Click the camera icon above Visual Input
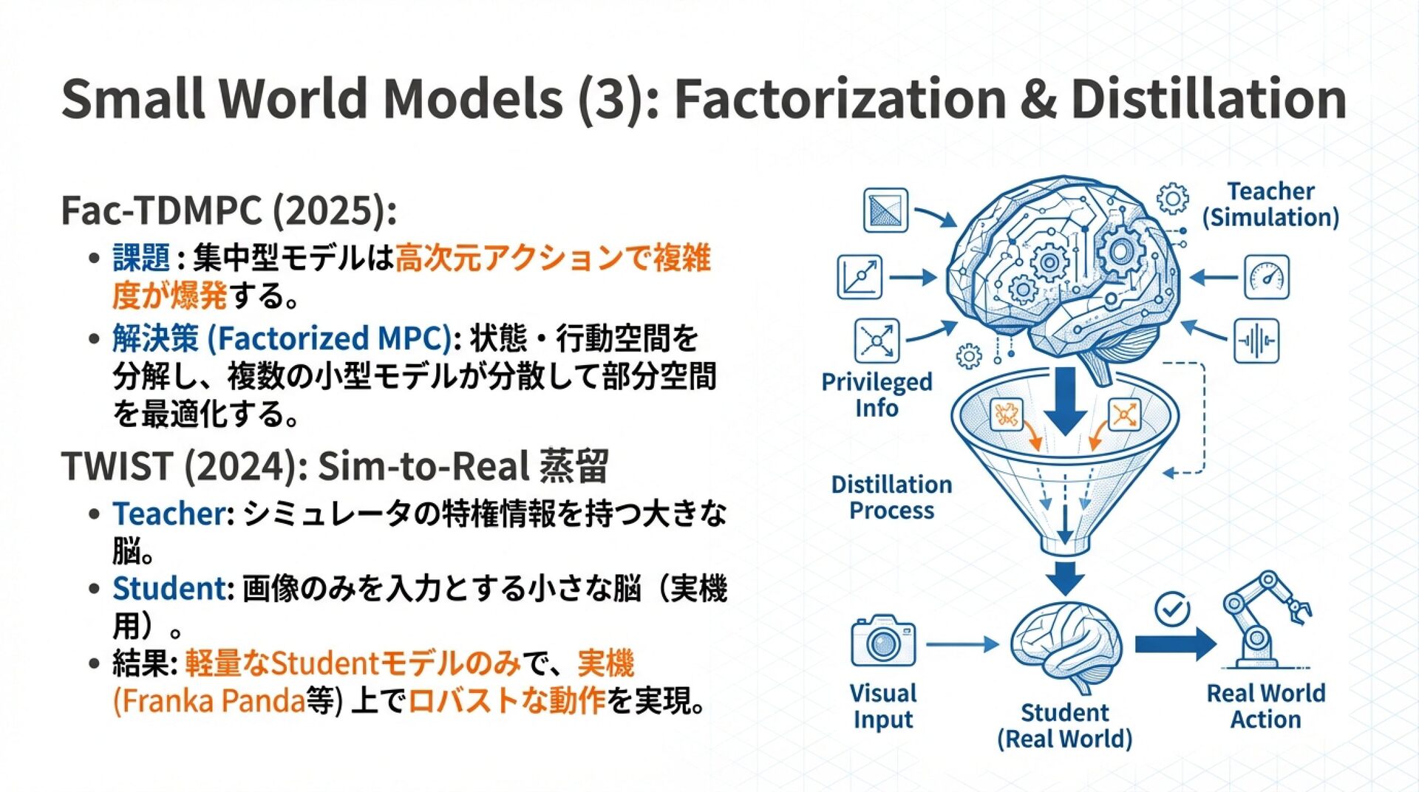883,641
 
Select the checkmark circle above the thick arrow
1172,610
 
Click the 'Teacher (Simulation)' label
1270,204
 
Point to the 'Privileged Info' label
877,395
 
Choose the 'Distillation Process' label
891,497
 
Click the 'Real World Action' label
1265,706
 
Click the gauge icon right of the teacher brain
1266,278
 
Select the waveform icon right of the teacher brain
1256,341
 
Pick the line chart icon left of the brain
860,277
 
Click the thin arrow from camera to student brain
961,644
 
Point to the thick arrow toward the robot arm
1175,643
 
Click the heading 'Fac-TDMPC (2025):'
228,211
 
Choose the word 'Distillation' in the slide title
1208,99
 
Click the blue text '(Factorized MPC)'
330,338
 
